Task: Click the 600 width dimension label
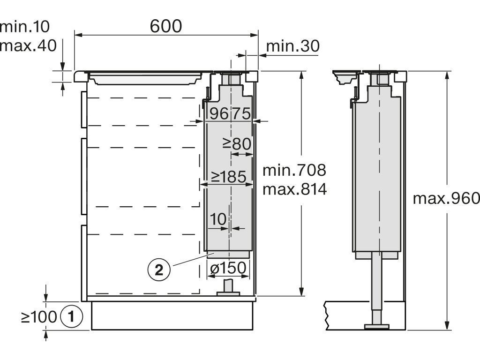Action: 166,26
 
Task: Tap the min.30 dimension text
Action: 293,46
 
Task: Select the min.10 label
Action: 24,27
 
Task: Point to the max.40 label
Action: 28,45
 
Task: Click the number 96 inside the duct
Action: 219,114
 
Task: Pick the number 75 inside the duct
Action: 241,114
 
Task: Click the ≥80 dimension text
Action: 237,143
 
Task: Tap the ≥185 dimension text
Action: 229,177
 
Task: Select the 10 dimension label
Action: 218,219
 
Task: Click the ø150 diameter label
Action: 228,268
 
